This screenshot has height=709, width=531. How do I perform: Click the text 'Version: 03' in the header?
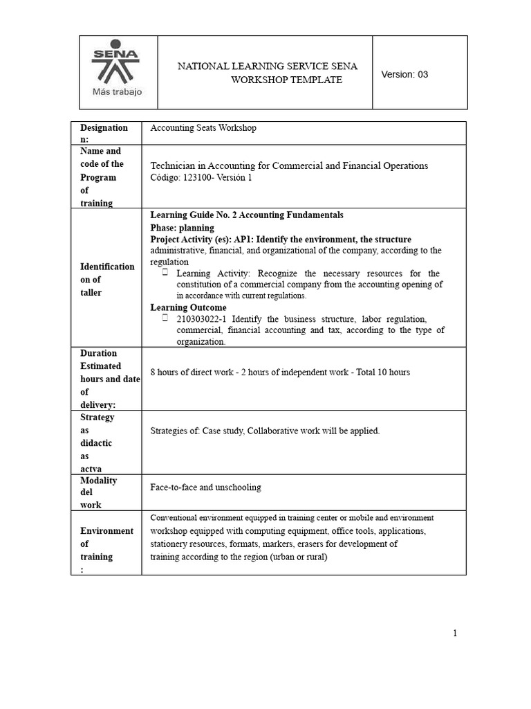[x=404, y=74]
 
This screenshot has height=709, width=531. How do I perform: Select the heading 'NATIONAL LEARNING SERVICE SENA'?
[x=268, y=66]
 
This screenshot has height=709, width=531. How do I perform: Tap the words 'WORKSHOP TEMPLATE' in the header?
[x=277, y=80]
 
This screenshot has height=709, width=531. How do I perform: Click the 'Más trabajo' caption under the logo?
[x=118, y=92]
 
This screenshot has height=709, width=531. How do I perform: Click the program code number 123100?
[x=198, y=177]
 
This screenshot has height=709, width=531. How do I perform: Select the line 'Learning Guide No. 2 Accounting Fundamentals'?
[x=247, y=215]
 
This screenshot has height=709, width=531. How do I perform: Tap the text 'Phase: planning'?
[x=183, y=228]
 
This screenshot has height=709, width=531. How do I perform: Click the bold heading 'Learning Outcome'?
[x=188, y=307]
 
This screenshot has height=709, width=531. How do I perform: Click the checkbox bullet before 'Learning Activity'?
[x=166, y=273]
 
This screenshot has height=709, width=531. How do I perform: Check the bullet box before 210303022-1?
[x=166, y=318]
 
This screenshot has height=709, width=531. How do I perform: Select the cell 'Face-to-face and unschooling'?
[x=205, y=487]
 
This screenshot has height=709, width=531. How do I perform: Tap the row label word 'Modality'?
[x=99, y=481]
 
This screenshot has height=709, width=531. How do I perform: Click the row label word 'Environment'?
[x=106, y=531]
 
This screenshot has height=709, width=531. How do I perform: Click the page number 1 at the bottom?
[x=456, y=633]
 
